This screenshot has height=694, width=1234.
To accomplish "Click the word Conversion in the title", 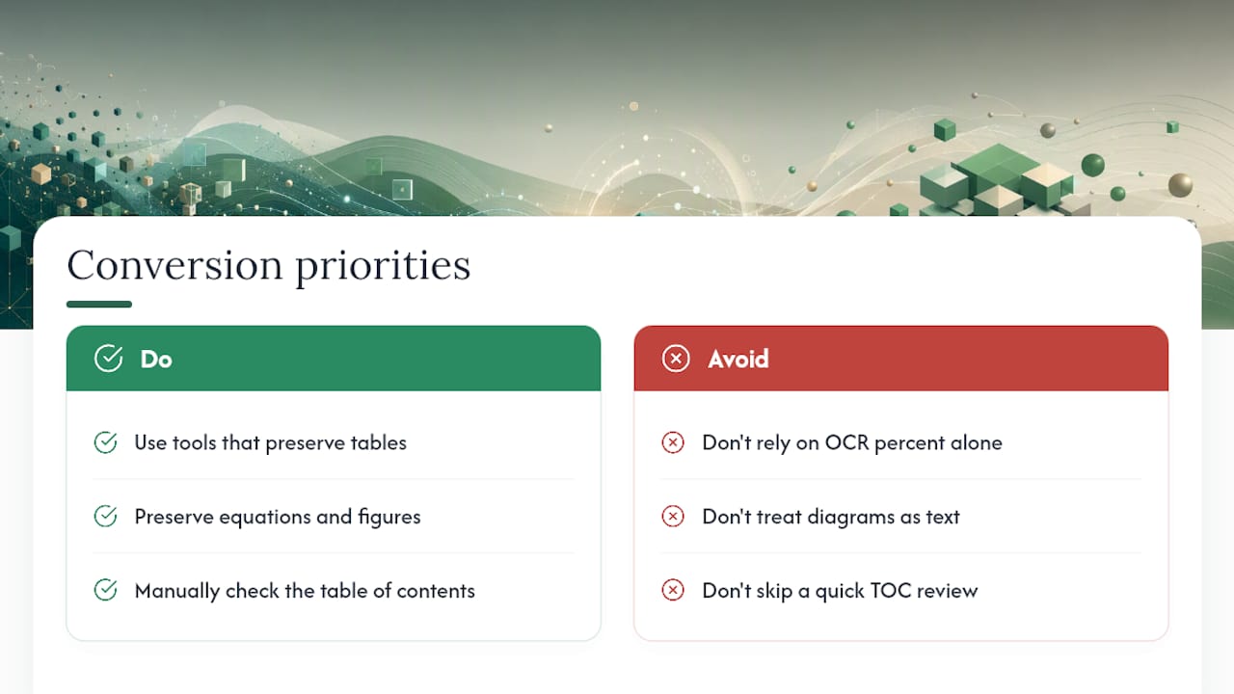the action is tap(174, 265).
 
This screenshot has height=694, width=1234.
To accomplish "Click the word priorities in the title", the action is tap(383, 268).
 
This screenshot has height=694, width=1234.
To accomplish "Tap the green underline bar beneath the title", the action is tap(99, 304).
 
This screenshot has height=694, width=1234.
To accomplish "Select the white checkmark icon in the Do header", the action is tap(109, 359).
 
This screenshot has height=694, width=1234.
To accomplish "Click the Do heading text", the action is tap(156, 360).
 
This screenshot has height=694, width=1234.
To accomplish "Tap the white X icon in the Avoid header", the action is tap(676, 359).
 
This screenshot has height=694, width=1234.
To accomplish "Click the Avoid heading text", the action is tap(738, 360).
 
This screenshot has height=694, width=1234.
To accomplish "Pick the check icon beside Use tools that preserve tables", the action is tap(105, 442).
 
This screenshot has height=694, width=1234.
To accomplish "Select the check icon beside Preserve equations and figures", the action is tap(105, 516).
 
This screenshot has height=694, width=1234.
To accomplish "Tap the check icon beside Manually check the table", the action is tap(105, 590).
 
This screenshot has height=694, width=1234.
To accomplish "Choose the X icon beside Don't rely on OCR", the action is tap(673, 442).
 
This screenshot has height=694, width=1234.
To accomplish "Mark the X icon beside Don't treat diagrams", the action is tap(673, 516).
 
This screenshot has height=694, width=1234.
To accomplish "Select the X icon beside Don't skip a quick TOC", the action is tap(673, 590).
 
